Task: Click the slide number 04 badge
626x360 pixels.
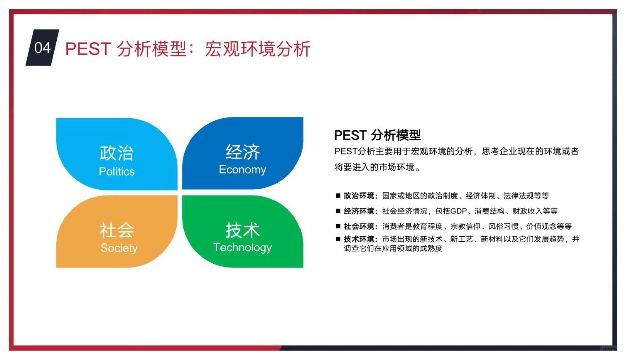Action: (42, 48)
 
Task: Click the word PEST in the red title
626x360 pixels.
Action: (88, 49)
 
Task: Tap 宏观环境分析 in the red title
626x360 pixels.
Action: (258, 49)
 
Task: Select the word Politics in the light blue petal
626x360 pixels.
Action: (116, 172)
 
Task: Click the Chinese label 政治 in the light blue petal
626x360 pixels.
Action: (116, 153)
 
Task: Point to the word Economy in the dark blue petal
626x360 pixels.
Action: (242, 170)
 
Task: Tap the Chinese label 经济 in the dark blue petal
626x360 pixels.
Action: (242, 152)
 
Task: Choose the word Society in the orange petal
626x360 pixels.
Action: (119, 248)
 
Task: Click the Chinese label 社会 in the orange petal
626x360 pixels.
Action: (116, 230)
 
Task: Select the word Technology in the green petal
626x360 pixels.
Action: (242, 248)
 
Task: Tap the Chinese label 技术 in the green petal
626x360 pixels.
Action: (242, 230)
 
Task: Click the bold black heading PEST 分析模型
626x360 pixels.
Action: (377, 135)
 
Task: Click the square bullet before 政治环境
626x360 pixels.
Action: (338, 195)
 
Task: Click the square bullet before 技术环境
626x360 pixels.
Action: (338, 239)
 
